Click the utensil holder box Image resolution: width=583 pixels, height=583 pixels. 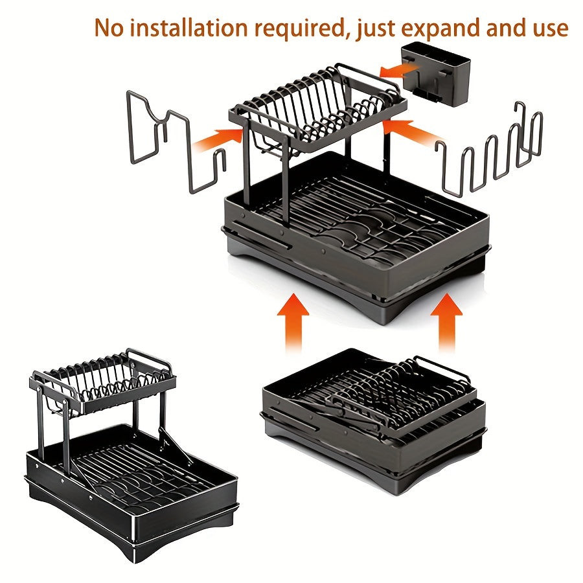(x=435, y=72)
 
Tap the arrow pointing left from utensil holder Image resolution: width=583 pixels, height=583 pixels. (x=397, y=69)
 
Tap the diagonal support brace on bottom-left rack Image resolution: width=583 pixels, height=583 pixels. (x=176, y=446)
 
